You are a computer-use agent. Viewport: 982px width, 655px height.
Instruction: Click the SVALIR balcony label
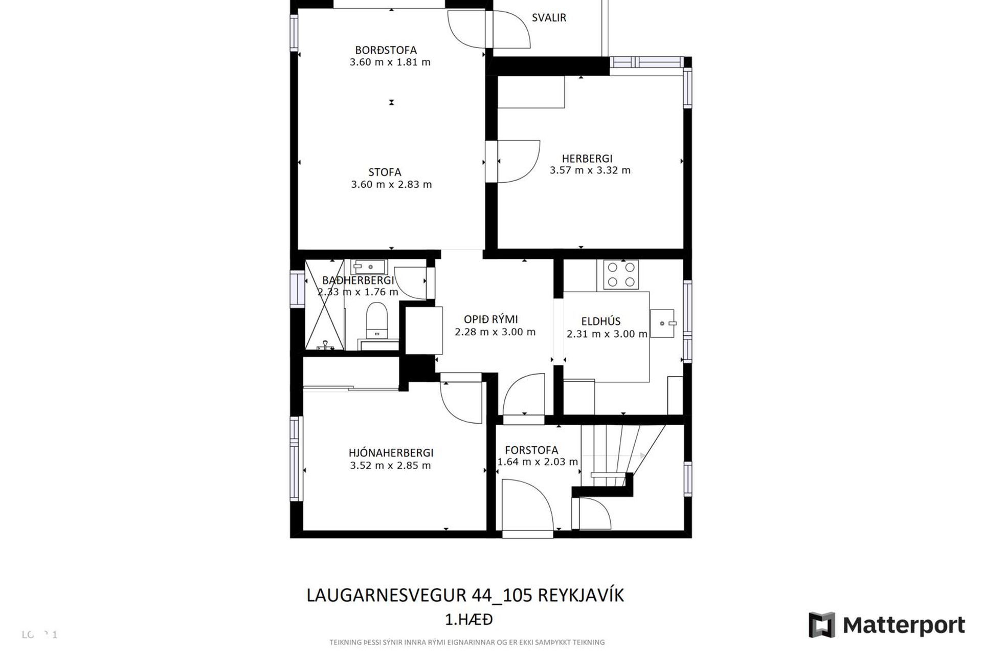pos(549,18)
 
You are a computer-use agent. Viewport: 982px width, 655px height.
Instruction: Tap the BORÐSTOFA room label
pos(386,50)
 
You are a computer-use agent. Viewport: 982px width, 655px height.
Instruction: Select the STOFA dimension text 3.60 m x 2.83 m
pos(391,185)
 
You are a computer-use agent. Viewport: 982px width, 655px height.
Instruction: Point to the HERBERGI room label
pos(587,159)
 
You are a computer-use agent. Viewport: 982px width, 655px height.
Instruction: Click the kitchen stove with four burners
pos(621,274)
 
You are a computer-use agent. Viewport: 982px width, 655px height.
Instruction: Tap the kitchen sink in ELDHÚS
pos(663,323)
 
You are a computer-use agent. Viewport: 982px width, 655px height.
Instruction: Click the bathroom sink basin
pos(369,267)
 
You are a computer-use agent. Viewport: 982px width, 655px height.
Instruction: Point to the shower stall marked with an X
pos(324,305)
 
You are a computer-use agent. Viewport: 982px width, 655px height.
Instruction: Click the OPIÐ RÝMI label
pos(491,319)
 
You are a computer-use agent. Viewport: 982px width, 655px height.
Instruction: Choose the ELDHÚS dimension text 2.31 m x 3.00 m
pos(607,334)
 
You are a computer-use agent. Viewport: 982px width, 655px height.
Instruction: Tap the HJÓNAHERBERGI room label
pos(391,453)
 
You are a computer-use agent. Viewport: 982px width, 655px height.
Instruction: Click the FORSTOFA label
pos(531,450)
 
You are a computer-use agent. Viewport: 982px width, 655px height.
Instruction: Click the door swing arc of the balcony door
pos(511,28)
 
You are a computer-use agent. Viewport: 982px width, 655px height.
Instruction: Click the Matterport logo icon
pos(821,625)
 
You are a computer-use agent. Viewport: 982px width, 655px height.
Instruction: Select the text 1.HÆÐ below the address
pos(469,620)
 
